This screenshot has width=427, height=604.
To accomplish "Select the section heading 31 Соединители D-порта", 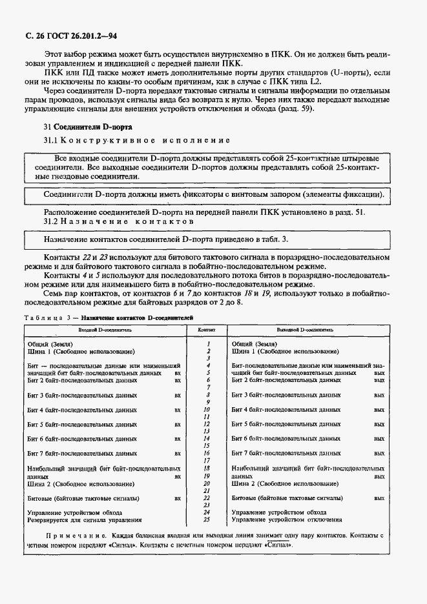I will pyautogui.click(x=81, y=127).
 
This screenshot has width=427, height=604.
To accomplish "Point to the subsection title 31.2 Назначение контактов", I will pyautogui.click(x=119, y=221).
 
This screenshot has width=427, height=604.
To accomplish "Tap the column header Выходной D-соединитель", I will pyautogui.click(x=304, y=329).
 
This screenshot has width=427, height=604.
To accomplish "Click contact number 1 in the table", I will pyautogui.click(x=207, y=345).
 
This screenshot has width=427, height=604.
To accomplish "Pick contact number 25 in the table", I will pyautogui.click(x=207, y=519).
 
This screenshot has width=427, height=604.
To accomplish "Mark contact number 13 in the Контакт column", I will pyautogui.click(x=207, y=431).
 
